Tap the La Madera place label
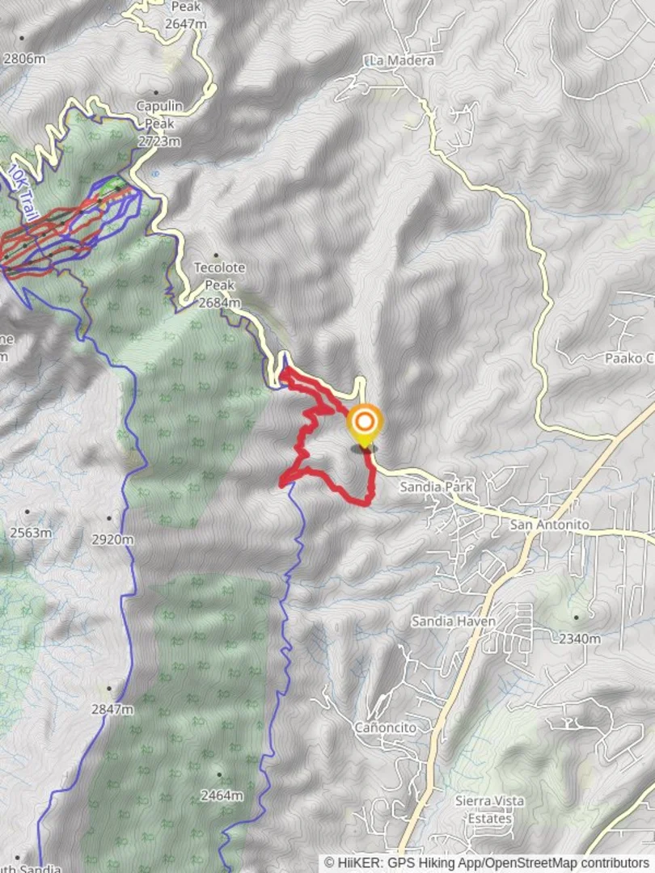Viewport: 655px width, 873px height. (400, 61)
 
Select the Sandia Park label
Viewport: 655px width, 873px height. (436, 487)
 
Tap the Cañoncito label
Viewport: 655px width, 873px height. (386, 727)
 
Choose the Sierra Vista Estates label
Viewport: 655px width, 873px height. (489, 809)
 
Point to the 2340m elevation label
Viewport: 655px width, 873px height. (580, 639)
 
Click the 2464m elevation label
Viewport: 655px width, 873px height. (222, 795)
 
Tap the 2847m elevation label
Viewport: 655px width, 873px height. (112, 709)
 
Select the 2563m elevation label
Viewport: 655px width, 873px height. (31, 533)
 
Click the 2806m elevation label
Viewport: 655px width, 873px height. (25, 58)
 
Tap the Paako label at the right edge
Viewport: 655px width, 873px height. (628, 358)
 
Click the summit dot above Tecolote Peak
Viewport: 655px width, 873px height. (216, 255)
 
